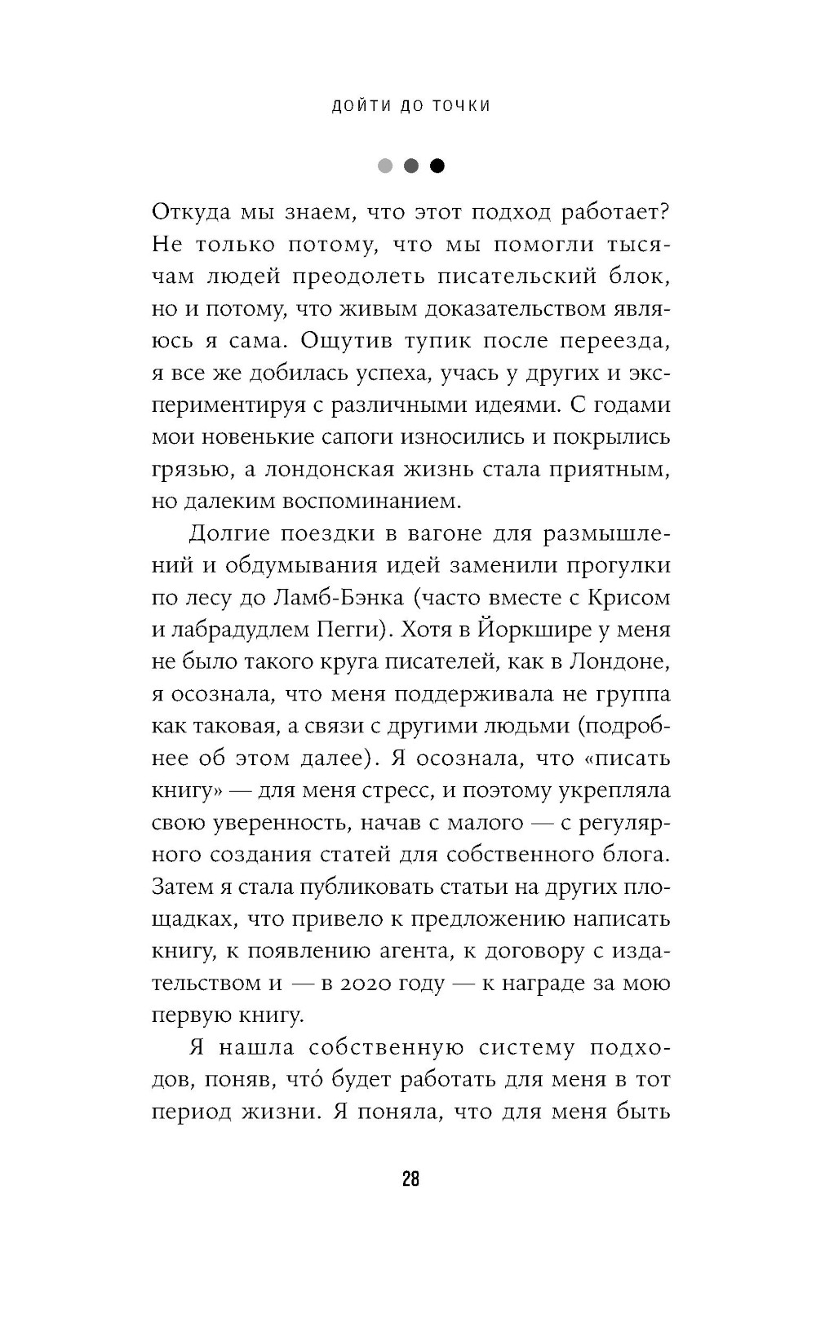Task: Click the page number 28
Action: point(410,1179)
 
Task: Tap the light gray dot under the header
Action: point(385,166)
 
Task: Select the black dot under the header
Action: point(437,166)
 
